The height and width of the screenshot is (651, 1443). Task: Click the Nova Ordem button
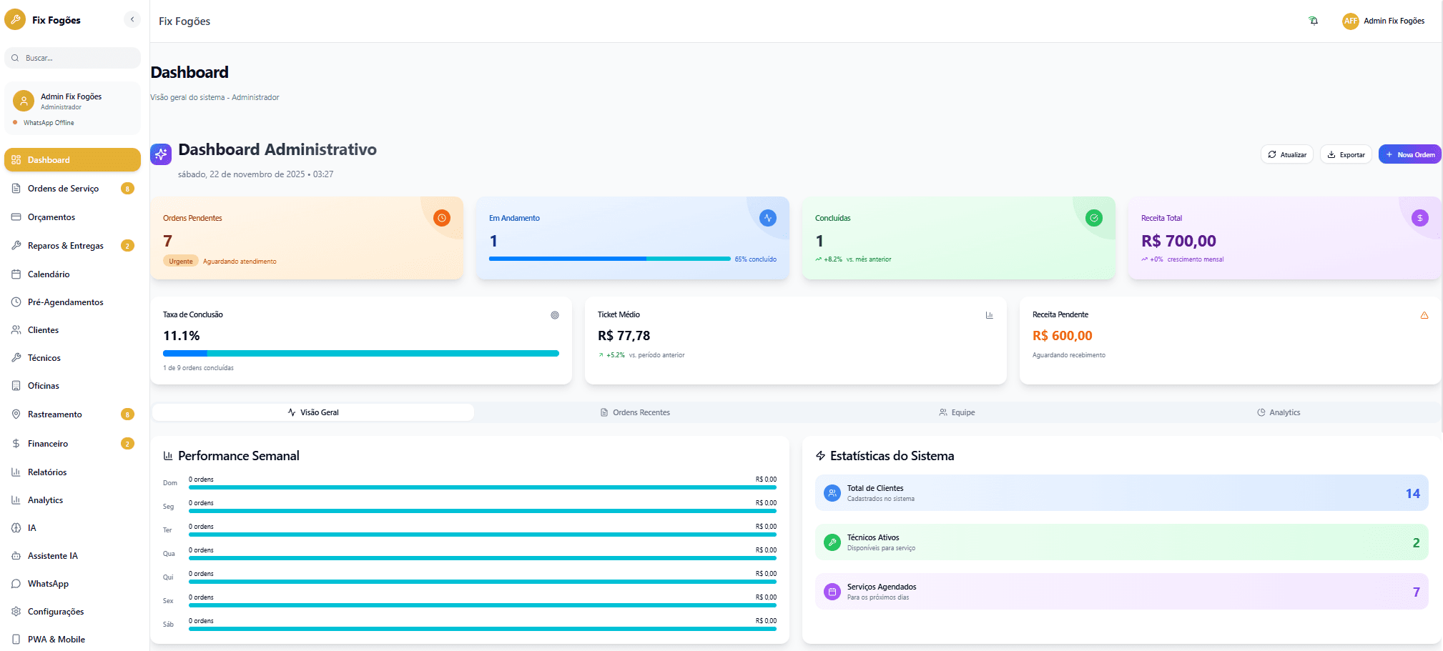point(1409,154)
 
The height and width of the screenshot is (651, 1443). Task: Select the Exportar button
point(1346,154)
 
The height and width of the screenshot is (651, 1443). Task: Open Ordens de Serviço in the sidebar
point(63,189)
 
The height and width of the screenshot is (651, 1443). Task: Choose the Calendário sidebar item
point(49,274)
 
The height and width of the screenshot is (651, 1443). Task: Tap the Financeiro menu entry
point(48,444)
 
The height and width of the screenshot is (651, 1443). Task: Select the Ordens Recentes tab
point(635,412)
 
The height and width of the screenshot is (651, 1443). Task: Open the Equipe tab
point(957,412)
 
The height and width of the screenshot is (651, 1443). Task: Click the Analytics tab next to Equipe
point(1279,412)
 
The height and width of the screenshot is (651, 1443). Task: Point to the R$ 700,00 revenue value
point(1178,241)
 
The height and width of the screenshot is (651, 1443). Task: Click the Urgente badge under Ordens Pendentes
point(181,262)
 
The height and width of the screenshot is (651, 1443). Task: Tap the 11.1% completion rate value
point(182,336)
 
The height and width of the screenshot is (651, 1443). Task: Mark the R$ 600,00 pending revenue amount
point(1062,336)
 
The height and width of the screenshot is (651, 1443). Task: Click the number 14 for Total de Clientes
point(1412,494)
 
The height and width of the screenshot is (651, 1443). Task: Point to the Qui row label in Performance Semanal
point(168,577)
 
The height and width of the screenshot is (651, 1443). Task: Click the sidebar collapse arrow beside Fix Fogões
point(132,19)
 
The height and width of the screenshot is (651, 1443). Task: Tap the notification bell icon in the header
point(1314,21)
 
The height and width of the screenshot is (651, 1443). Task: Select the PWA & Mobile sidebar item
point(56,640)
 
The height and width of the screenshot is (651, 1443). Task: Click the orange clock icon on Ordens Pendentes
point(442,218)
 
